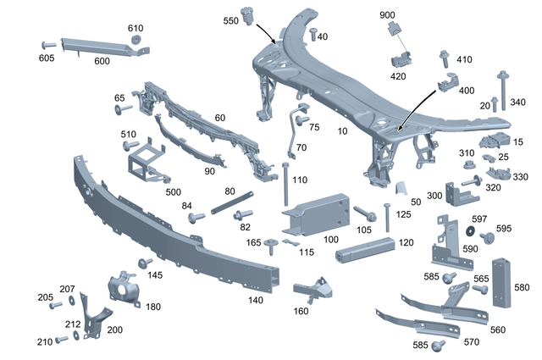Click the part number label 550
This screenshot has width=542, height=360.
pyautogui.click(x=230, y=20)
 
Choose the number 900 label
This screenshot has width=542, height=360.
pyautogui.click(x=386, y=15)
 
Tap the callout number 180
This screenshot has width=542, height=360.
pyautogui.click(x=152, y=307)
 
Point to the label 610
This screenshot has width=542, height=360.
pyautogui.click(x=135, y=28)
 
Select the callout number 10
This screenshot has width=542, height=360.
pyautogui.click(x=342, y=131)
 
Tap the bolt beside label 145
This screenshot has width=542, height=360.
pyautogui.click(x=146, y=263)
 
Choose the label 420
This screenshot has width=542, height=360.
pyautogui.click(x=397, y=75)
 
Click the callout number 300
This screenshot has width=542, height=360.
pyautogui.click(x=434, y=196)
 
